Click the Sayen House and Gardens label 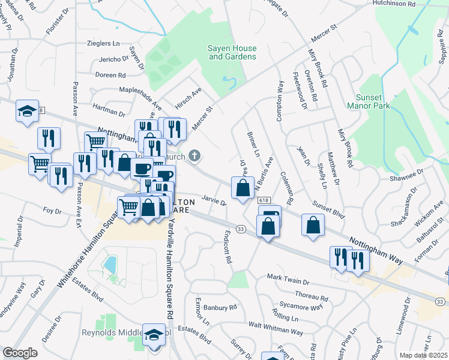pos(232,52)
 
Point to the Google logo pos(20,353)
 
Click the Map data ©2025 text pos(423,355)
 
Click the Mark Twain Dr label pos(288,280)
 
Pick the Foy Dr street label pos(53,211)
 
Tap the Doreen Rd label pos(110,76)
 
